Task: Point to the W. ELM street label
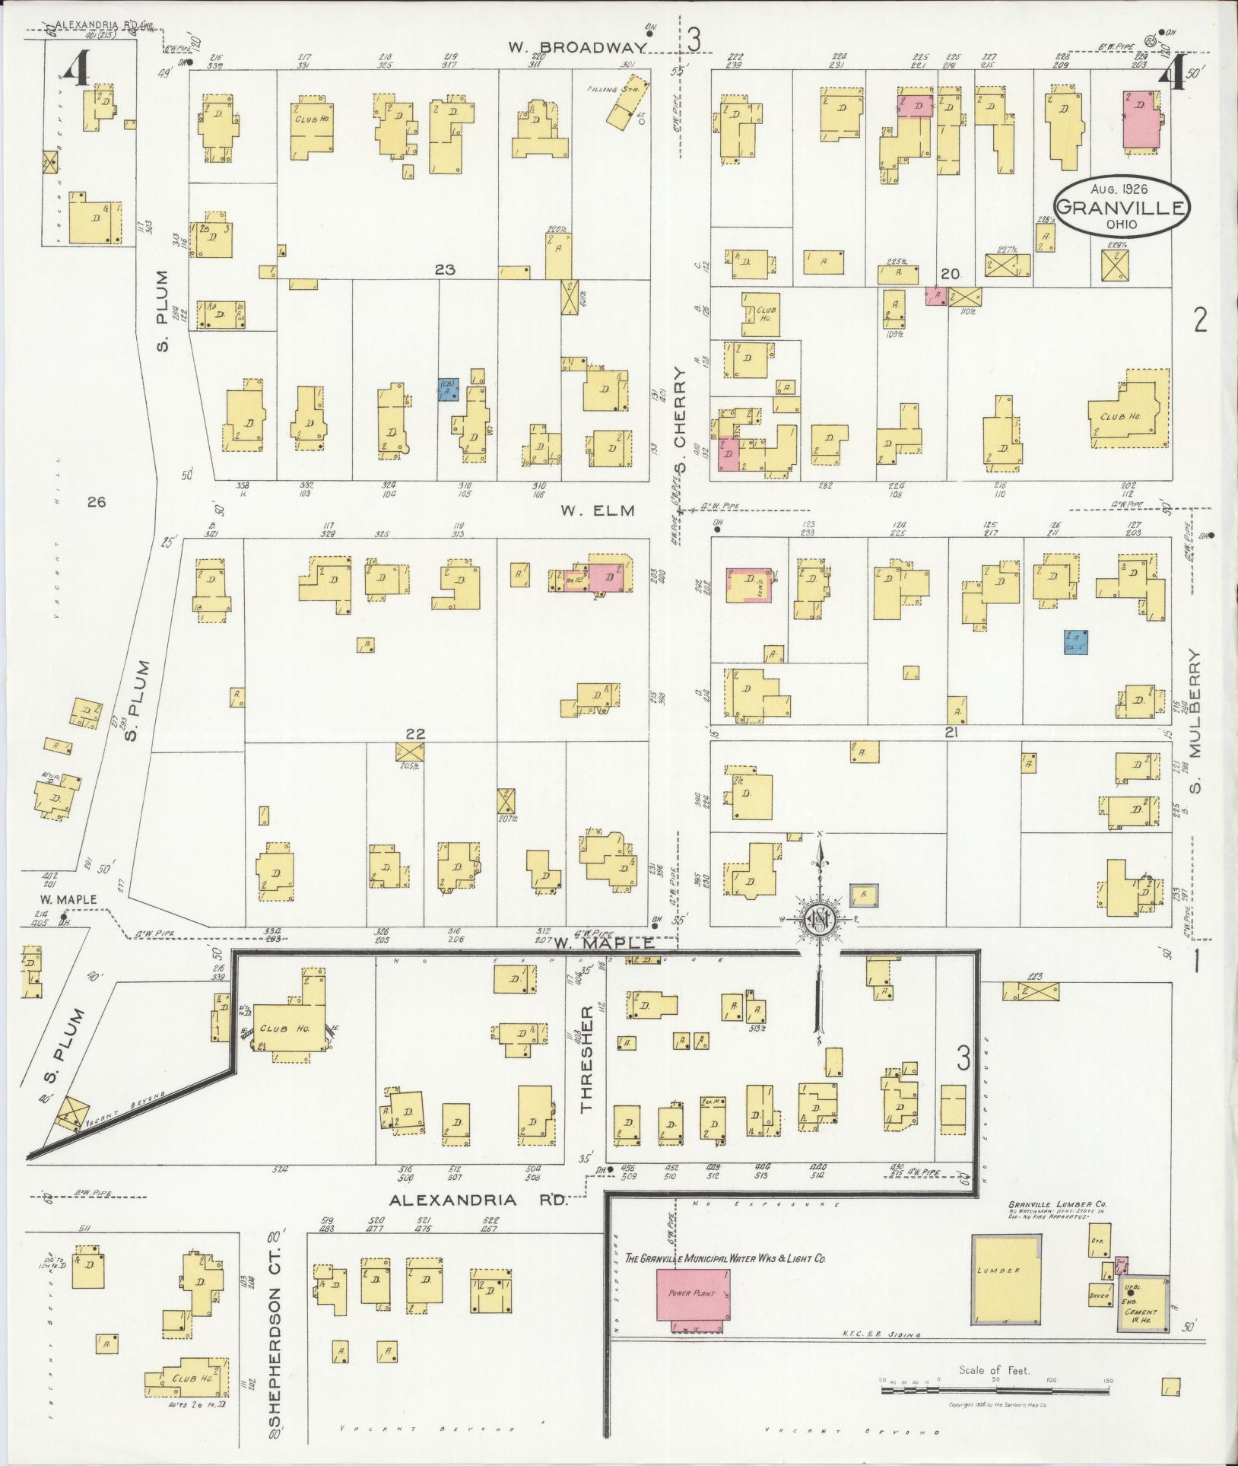(598, 510)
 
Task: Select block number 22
(414, 733)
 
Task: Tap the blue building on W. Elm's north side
(449, 390)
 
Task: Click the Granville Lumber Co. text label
(1057, 1226)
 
